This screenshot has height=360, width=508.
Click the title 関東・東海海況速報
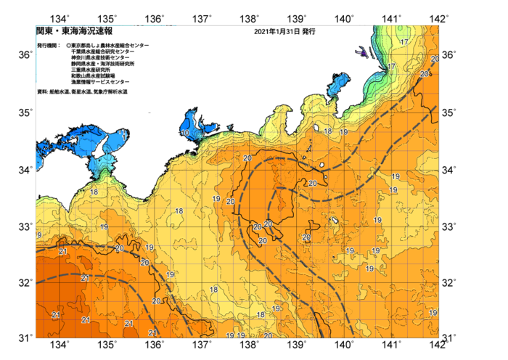pos(74,32)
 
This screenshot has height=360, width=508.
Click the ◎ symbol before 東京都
pos(68,46)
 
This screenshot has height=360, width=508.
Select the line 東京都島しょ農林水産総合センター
pos(110,46)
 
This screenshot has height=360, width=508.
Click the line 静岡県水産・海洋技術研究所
pos(103,65)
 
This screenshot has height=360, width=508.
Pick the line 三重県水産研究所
pos(93,70)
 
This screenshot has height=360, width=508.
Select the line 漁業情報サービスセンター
pos(100,83)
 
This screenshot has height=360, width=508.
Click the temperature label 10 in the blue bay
pos(186,134)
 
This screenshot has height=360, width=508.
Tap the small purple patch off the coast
pos(361,52)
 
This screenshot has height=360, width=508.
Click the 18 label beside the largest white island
pos(328,131)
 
